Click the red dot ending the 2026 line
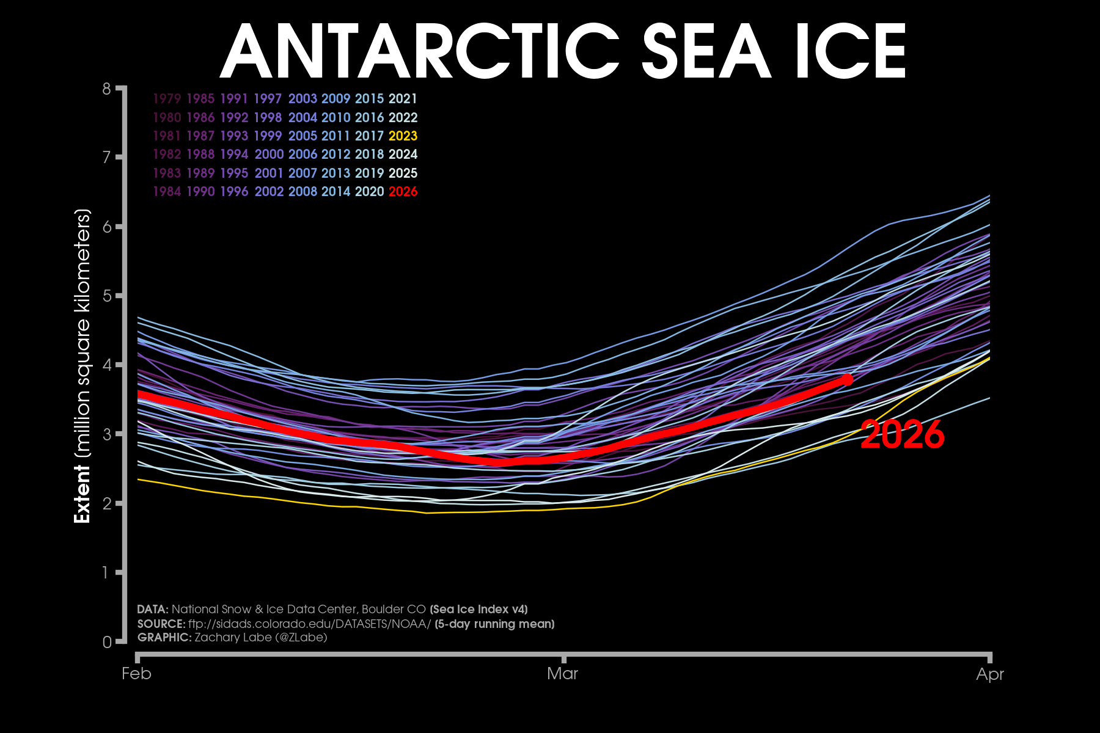tap(847, 380)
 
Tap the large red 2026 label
tap(902, 435)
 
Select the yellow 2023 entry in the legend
tap(403, 136)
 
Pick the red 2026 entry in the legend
tap(403, 192)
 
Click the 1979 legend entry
tap(167, 99)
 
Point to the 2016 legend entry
tap(369, 117)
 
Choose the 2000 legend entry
tap(269, 155)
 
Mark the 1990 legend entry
tap(200, 192)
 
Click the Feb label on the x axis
tap(136, 674)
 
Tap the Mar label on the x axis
tap(562, 674)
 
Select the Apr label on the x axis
tap(990, 674)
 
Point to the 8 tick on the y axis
tap(107, 89)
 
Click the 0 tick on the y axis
tap(107, 642)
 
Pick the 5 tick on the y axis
tap(107, 296)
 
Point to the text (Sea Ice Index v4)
tap(479, 610)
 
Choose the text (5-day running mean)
tap(494, 624)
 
